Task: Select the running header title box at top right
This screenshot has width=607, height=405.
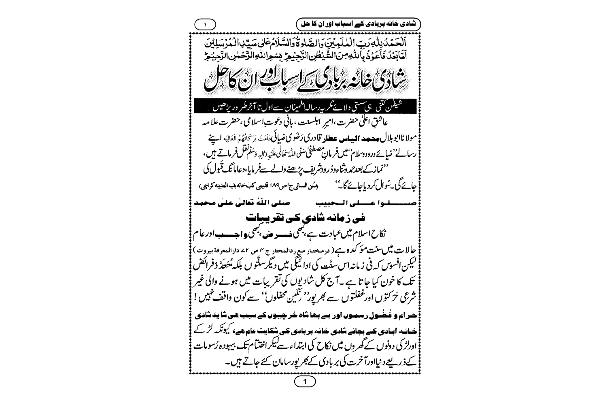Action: coord(358,24)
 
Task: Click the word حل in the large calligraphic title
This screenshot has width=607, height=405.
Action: coord(214,82)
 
